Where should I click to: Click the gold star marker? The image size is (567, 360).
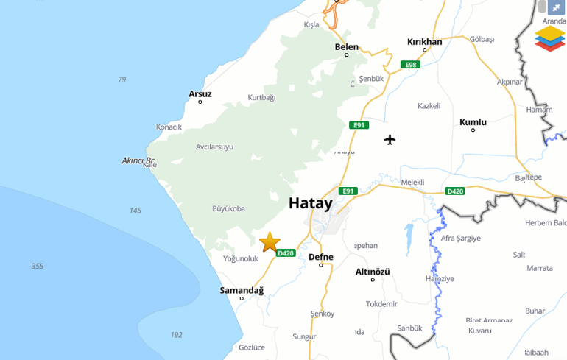[x=270, y=241]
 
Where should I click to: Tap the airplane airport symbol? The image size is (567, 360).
[x=390, y=140]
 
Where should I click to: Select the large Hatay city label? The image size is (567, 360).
[x=310, y=203]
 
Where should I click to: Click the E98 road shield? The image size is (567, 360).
[x=410, y=65]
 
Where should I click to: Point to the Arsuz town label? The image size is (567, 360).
[x=200, y=93]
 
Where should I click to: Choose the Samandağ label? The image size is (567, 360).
[x=242, y=290]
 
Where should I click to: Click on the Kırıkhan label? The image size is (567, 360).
[x=425, y=42]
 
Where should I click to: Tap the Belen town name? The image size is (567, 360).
[x=347, y=47]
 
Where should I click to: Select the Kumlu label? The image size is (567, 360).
[x=473, y=122]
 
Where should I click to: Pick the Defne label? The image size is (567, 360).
[x=321, y=257]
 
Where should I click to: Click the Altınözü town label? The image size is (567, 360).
[x=373, y=272]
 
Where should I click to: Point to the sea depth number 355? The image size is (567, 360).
[x=38, y=266]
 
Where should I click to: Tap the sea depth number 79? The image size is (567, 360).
[x=121, y=80]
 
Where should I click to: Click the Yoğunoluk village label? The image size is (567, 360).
[x=241, y=258]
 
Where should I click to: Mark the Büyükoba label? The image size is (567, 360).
[x=228, y=208]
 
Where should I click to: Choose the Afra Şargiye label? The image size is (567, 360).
[x=460, y=238]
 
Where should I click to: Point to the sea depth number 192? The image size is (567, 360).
[x=176, y=335]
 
